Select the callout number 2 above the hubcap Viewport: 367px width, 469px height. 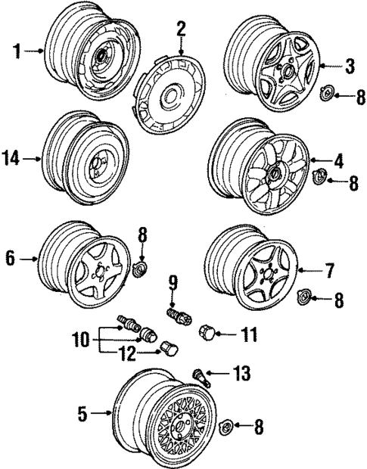coord(181,29)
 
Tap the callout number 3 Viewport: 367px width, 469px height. coord(350,67)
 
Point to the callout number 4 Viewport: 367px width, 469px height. coord(339,160)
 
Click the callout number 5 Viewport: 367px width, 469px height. coord(83,414)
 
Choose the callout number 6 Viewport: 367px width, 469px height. coord(11,259)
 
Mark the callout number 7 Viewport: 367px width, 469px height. coord(329,269)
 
